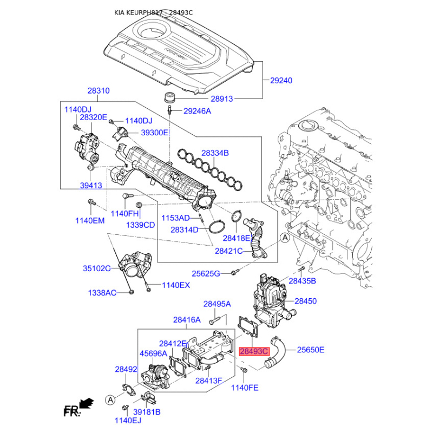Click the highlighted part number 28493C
coord(254,351)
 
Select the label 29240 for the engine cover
coord(281,81)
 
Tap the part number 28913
coord(222,99)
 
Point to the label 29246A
coord(197,111)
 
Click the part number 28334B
coord(215,153)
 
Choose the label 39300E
coord(154,133)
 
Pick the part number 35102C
coord(97,268)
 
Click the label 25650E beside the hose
coord(311,350)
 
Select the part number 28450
coord(306,301)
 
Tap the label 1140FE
coord(245,388)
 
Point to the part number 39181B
coord(147,412)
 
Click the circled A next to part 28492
coord(110,399)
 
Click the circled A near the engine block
coord(285,238)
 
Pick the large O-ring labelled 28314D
coord(217,227)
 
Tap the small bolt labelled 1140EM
coord(91,202)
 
